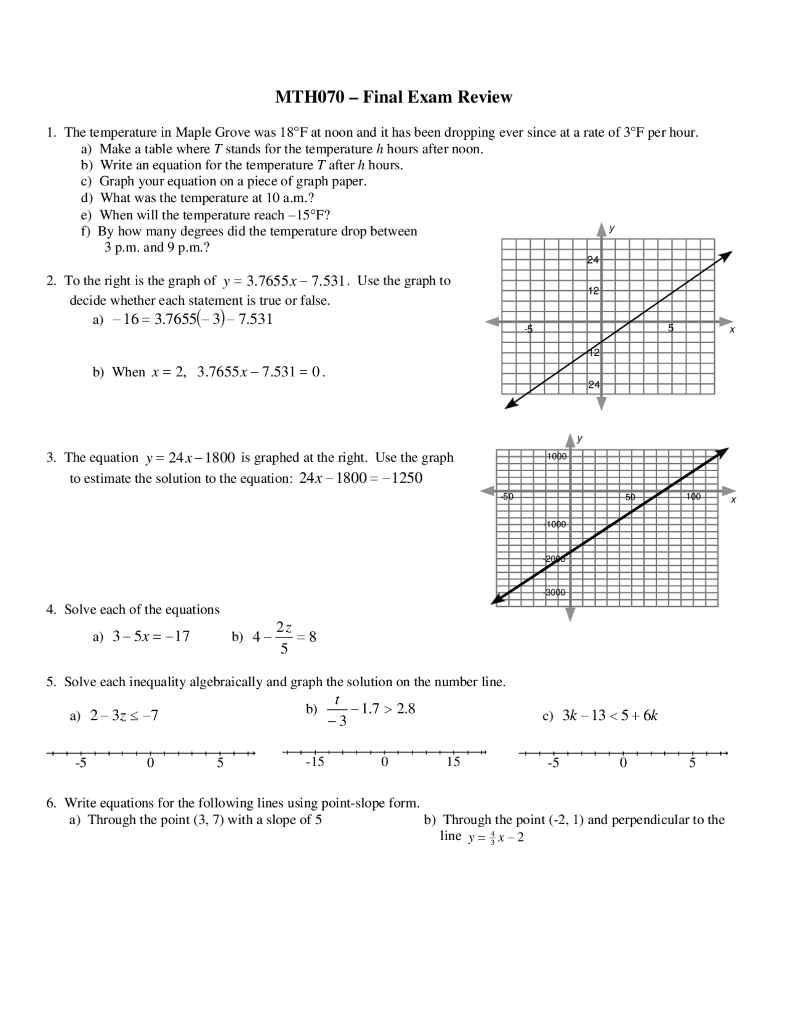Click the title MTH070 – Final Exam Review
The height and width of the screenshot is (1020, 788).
point(393,97)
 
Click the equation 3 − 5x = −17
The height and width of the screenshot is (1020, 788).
point(151,636)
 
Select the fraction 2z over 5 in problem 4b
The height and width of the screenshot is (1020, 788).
point(284,637)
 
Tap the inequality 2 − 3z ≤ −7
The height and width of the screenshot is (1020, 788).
point(124,715)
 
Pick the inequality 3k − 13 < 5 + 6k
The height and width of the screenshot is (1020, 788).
point(609,715)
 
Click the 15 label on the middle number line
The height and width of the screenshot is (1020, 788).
point(453,762)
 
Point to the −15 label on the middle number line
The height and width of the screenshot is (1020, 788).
point(315,762)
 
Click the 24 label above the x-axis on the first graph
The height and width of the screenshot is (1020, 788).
point(593,260)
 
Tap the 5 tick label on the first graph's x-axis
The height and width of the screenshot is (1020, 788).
point(671,328)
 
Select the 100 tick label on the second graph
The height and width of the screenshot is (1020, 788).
point(693,496)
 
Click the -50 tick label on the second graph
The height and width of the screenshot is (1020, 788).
point(507,496)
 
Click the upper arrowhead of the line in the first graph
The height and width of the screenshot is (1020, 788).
point(726,255)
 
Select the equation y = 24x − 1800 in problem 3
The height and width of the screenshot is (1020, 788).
point(191,458)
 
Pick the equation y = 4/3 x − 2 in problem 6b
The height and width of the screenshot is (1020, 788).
point(496,838)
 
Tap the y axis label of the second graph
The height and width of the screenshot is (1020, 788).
point(580,439)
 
